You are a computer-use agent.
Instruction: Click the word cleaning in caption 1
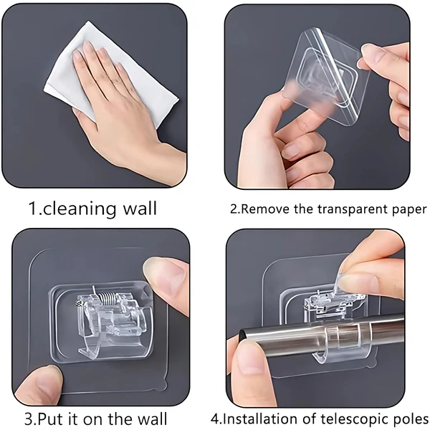[85, 209]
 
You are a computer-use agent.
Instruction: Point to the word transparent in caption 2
[345, 211]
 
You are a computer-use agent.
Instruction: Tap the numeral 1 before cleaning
[32, 209]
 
